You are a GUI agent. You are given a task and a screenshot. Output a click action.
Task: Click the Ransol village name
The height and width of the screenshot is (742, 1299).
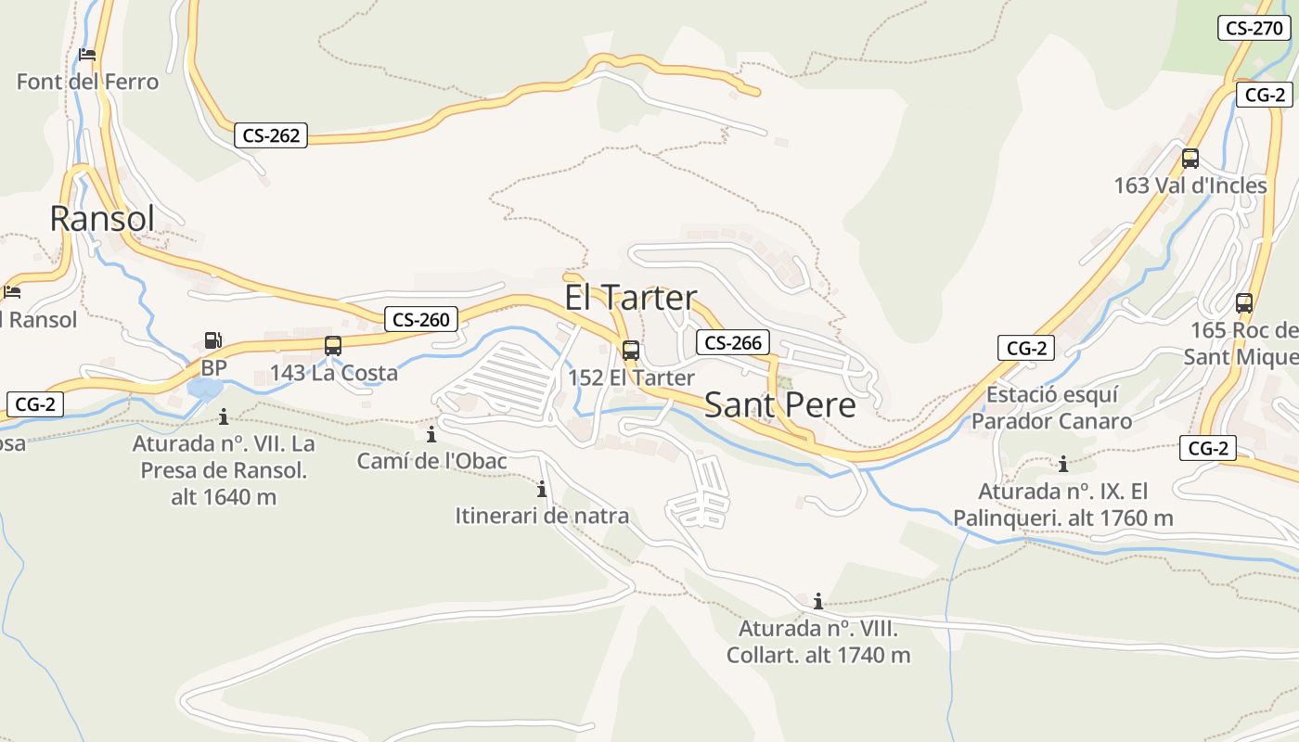click(x=102, y=218)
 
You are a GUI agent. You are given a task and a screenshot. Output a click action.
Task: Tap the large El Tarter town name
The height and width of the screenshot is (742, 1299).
click(x=631, y=298)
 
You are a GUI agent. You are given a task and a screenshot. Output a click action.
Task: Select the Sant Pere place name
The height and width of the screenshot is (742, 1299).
click(x=779, y=404)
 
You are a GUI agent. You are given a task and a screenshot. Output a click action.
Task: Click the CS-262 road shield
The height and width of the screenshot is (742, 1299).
click(x=271, y=135)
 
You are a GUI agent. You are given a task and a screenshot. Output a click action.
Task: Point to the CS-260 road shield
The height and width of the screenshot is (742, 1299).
click(x=421, y=320)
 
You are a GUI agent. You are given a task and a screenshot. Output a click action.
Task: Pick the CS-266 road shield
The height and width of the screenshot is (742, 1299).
click(x=733, y=343)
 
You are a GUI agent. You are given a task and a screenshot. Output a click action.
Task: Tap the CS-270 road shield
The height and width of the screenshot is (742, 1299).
click(x=1254, y=28)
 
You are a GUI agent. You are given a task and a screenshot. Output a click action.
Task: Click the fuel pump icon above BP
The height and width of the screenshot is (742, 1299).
click(x=213, y=340)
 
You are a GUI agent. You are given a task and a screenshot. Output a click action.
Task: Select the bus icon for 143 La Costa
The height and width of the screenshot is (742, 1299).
click(x=333, y=346)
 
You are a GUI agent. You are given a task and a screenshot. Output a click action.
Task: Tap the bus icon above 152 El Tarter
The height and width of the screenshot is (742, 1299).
click(x=631, y=351)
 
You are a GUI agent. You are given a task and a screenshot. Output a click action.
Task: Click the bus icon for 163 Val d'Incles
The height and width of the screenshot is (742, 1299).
click(x=1190, y=159)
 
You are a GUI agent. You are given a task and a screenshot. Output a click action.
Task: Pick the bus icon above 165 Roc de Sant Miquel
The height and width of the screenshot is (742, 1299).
click(x=1244, y=303)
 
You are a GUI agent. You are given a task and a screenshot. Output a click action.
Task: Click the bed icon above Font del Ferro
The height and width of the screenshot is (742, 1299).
click(x=87, y=55)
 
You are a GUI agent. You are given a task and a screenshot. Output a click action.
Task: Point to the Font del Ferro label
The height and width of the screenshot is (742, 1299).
click(x=87, y=82)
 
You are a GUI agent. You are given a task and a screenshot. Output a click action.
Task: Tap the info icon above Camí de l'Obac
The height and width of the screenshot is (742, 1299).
click(x=431, y=434)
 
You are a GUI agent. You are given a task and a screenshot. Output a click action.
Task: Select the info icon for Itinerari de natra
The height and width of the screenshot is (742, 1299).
click(x=542, y=489)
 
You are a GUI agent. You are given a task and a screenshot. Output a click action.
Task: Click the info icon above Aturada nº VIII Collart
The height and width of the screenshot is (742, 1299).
click(x=818, y=601)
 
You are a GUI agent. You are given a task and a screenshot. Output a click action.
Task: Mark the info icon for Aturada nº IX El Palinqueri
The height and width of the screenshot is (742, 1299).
click(x=1063, y=463)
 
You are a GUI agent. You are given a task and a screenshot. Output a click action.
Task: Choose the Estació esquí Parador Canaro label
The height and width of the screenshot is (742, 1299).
click(x=1051, y=408)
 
